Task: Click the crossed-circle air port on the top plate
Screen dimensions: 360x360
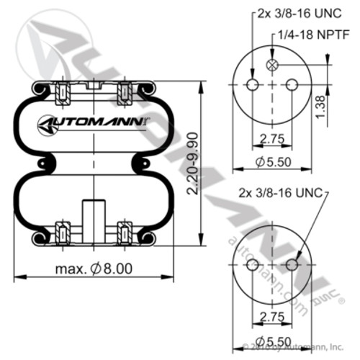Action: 272,66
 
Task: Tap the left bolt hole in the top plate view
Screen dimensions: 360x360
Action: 252,85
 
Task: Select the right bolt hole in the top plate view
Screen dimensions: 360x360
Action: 292,85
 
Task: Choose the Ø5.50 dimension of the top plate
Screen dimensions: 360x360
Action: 272,161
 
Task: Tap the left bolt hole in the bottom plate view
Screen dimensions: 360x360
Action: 252,265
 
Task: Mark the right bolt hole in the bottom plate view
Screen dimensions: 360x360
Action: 292,265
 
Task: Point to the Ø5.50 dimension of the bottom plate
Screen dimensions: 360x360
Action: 272,341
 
